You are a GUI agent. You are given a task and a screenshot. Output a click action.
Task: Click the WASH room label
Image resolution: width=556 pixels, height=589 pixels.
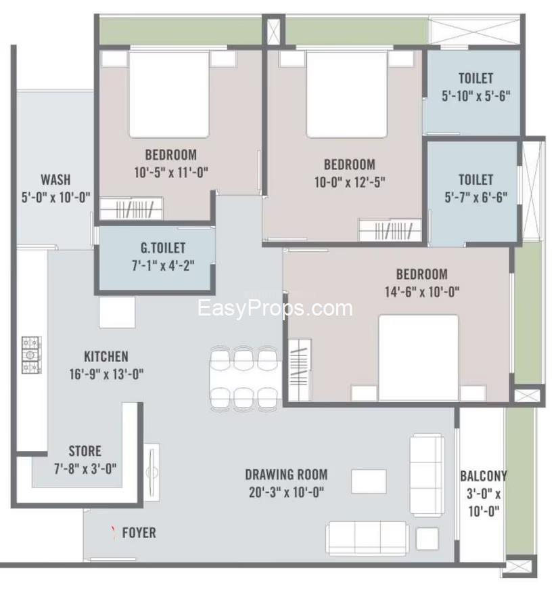[55, 180]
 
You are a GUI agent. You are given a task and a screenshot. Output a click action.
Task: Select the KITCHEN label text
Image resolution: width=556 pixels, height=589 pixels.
[106, 356]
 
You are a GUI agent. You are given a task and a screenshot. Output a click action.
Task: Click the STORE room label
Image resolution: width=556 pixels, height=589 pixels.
[85, 451]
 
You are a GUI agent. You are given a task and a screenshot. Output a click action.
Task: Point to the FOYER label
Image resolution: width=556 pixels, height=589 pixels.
[139, 533]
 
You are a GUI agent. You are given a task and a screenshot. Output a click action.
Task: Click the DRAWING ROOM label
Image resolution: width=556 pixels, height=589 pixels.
[286, 475]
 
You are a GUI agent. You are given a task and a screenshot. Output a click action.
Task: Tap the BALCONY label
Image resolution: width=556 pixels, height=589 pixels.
[483, 476]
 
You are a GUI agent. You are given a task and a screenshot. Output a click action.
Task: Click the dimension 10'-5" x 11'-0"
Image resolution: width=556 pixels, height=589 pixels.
[170, 172]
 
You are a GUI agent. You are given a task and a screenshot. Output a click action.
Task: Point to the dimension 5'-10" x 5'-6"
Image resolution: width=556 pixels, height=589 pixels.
[476, 96]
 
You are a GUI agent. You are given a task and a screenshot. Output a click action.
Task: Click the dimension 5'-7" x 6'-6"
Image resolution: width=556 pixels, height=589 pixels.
[476, 198]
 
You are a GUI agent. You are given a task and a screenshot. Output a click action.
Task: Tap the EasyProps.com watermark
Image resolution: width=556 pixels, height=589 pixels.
[275, 309]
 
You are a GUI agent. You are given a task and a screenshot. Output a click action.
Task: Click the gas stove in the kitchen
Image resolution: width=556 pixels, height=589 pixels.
[31, 355]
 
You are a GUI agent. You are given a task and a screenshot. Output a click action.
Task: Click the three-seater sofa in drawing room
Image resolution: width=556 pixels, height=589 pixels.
[367, 538]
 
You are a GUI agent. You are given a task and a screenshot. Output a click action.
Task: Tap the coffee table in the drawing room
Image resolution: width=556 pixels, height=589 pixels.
[368, 481]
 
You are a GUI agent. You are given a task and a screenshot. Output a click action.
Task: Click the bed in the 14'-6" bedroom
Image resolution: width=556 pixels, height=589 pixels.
[418, 357]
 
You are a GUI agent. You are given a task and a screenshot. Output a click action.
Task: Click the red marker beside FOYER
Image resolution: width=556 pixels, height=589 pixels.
[112, 531]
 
